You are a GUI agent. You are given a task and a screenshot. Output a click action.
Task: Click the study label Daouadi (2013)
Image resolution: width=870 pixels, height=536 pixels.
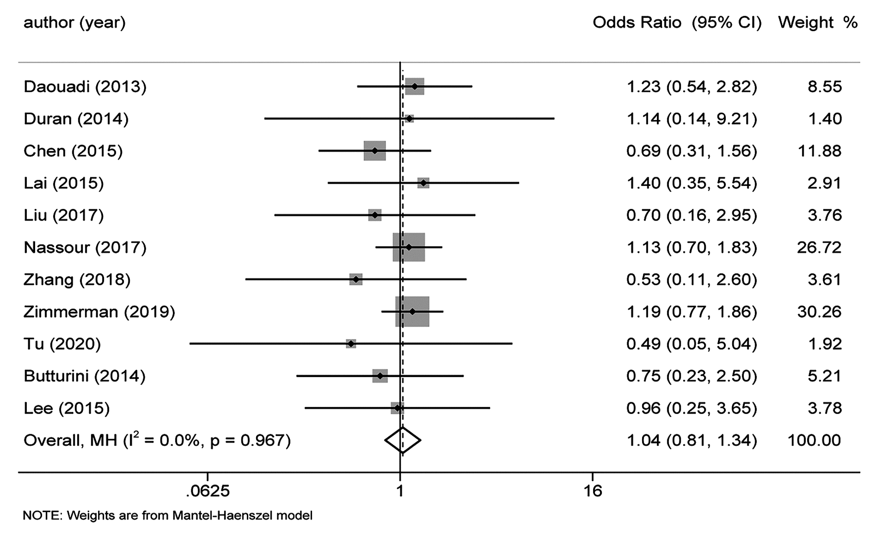coord(85,87)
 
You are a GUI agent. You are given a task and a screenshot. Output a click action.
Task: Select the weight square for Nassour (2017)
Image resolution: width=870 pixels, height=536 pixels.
coord(409,247)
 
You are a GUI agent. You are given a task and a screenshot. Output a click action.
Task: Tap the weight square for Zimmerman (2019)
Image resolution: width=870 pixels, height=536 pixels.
coord(412,312)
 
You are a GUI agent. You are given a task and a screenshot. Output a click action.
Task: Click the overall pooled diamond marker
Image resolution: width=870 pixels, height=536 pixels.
coord(403,440)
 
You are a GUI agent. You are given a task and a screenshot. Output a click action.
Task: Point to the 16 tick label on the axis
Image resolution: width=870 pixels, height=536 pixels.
coord(592,491)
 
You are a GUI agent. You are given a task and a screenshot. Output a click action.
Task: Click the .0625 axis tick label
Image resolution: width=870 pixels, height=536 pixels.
coord(208,491)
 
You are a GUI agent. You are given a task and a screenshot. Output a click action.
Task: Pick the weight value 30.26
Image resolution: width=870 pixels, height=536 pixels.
coord(819,312)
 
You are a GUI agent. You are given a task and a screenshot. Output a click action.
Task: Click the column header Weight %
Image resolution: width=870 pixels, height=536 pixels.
coord(818,23)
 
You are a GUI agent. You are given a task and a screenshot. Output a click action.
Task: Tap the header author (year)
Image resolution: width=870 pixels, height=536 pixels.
coord(75,23)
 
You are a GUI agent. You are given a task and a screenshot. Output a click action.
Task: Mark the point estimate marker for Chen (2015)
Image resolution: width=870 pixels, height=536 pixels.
coord(375,151)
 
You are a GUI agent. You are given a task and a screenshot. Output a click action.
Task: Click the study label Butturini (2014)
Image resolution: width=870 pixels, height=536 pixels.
coord(84,376)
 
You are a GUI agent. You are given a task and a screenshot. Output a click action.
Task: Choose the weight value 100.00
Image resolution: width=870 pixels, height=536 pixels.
coord(814,440)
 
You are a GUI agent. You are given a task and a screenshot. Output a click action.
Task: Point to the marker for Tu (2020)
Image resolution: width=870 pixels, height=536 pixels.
coord(351,344)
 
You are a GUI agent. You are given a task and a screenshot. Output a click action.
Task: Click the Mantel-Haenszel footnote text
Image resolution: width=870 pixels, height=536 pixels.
coord(167,516)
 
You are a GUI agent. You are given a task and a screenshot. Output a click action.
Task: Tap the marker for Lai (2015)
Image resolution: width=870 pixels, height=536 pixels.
coord(423,183)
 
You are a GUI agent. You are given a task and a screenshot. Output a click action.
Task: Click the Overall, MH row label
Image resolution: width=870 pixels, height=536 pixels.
coord(157,440)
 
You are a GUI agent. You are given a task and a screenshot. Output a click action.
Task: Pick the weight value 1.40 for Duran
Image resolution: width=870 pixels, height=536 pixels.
coord(825,119)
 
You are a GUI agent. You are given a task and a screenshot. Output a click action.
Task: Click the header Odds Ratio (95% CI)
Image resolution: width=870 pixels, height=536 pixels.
coord(677,23)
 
